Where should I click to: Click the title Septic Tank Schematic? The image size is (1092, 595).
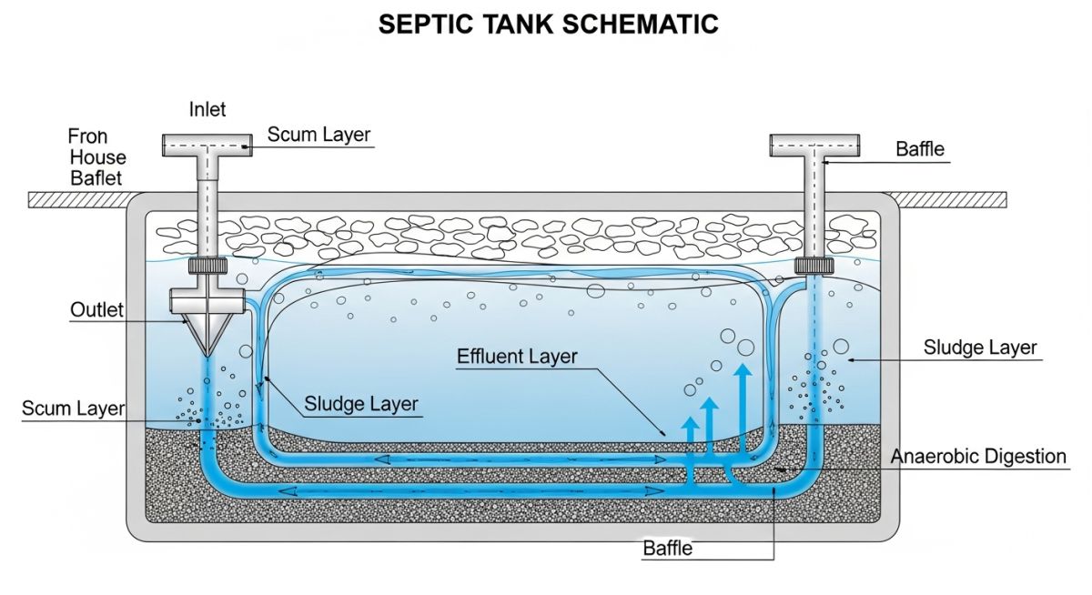(548, 25)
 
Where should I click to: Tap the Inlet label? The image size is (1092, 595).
(207, 109)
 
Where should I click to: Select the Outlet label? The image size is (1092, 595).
(96, 310)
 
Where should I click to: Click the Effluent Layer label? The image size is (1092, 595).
(517, 356)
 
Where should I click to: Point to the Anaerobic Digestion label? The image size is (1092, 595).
(978, 456)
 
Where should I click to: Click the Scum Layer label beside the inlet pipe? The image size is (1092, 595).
(318, 135)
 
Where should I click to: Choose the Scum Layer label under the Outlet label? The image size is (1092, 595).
(73, 408)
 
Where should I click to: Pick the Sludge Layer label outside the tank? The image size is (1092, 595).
(980, 348)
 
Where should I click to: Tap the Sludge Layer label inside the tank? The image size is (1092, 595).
(361, 404)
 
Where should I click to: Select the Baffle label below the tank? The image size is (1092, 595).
(667, 548)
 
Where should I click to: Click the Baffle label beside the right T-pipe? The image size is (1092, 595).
(920, 149)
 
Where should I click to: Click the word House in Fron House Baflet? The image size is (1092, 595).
(98, 157)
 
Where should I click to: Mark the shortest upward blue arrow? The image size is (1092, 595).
(690, 446)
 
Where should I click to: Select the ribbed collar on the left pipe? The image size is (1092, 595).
(207, 266)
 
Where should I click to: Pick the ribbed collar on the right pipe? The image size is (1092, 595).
(814, 266)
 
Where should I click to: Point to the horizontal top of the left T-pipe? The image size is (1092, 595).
(207, 144)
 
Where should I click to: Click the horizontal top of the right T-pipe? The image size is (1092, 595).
(814, 145)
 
